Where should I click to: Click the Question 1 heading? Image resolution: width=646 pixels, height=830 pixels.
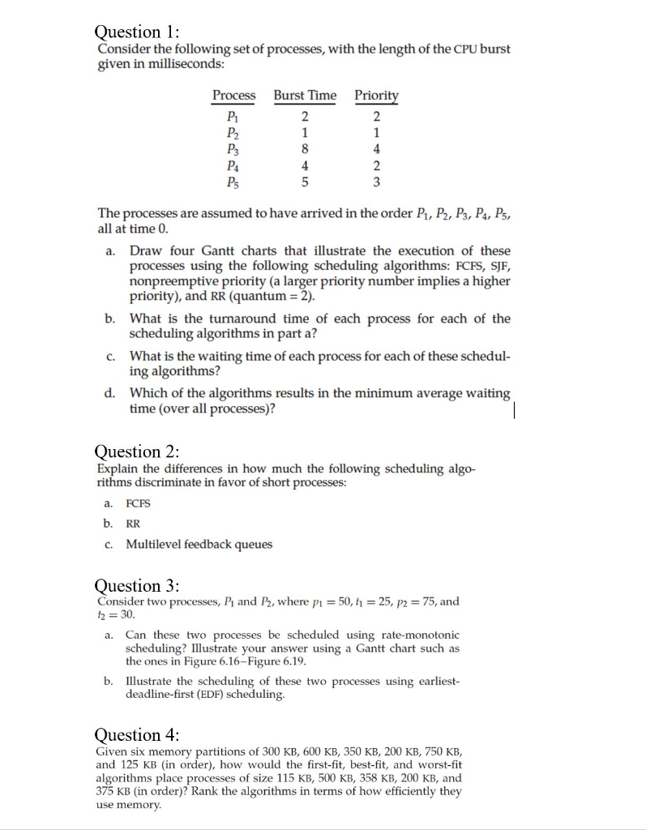(137, 32)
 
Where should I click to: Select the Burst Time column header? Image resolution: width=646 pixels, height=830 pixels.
(305, 96)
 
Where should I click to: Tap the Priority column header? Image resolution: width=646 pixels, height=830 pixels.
(376, 96)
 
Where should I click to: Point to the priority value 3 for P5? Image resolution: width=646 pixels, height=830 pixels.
(376, 182)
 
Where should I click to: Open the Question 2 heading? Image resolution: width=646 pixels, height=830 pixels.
(137, 451)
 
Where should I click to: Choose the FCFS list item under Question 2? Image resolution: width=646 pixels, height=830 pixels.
(138, 503)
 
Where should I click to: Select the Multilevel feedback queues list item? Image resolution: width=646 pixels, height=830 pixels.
(199, 544)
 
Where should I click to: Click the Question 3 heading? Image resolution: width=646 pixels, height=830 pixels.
(137, 585)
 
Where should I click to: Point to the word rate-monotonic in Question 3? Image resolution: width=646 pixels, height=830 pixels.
(422, 635)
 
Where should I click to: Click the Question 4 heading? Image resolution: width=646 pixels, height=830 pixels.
(137, 735)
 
